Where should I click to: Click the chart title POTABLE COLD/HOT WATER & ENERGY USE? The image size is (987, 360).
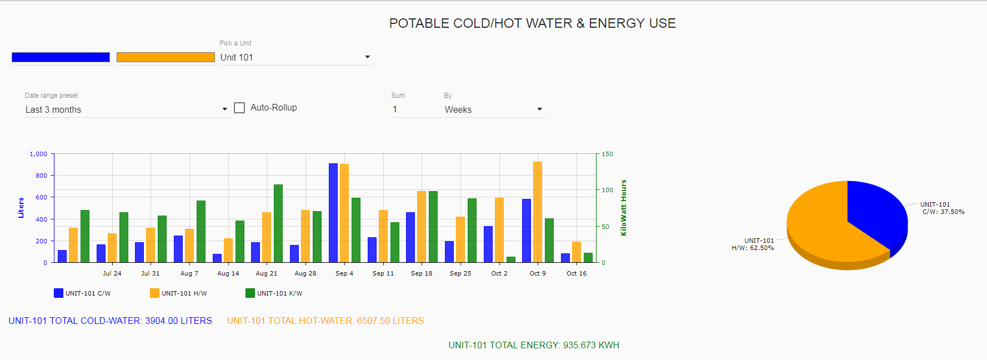(x=532, y=23)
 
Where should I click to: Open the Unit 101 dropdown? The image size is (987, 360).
(x=295, y=57)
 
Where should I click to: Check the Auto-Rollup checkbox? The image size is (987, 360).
(x=239, y=108)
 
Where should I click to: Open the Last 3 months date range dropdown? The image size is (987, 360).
(x=126, y=109)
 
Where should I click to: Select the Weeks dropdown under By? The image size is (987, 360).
(x=494, y=109)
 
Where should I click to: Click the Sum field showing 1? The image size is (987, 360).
(x=415, y=109)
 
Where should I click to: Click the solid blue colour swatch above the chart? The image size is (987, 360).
(x=61, y=57)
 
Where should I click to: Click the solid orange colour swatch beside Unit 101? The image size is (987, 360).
(x=166, y=57)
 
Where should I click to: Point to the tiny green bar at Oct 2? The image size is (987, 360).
(x=511, y=259)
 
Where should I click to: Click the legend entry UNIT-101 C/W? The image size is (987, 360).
(x=83, y=293)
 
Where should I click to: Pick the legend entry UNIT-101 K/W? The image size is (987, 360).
(x=274, y=293)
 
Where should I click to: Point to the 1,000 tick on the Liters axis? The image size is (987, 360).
(x=38, y=154)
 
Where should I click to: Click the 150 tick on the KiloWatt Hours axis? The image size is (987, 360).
(x=608, y=154)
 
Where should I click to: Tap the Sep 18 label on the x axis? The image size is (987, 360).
(x=422, y=273)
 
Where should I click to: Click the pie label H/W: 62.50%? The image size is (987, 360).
(x=753, y=248)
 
